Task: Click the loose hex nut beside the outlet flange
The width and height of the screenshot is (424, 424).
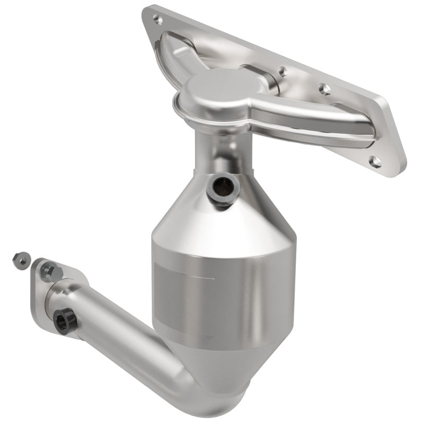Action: tap(19, 259)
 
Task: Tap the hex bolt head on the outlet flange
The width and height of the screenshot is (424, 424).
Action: tap(50, 271)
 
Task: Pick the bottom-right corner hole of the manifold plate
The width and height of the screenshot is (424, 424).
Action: tap(376, 161)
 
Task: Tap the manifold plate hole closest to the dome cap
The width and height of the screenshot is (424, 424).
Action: tap(283, 70)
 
